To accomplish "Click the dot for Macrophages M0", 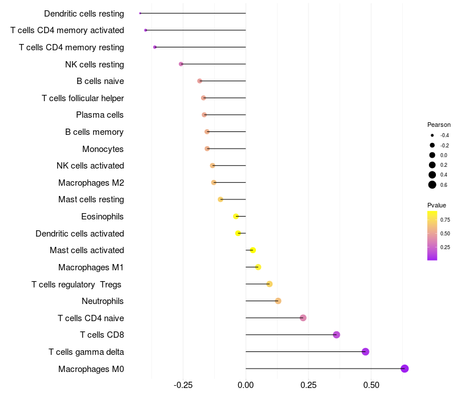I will point(404,369).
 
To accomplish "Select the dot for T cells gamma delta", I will point(366,351).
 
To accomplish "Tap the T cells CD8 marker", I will point(336,335).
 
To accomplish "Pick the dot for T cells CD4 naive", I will point(303,318).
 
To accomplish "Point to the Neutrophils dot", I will point(278,301).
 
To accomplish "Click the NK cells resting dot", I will point(181,64).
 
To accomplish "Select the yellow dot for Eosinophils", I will point(236,217).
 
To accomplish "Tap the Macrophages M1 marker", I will point(258,267).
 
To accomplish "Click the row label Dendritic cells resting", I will point(84,13).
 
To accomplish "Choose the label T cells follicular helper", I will point(83,98).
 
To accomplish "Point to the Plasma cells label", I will point(100,115).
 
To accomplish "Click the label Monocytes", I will point(103,149).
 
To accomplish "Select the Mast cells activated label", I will point(87,250).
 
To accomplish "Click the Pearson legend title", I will point(439,125).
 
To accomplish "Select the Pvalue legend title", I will point(437,205).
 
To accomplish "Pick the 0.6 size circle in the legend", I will point(432,185).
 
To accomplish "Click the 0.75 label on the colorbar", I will point(446,219).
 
